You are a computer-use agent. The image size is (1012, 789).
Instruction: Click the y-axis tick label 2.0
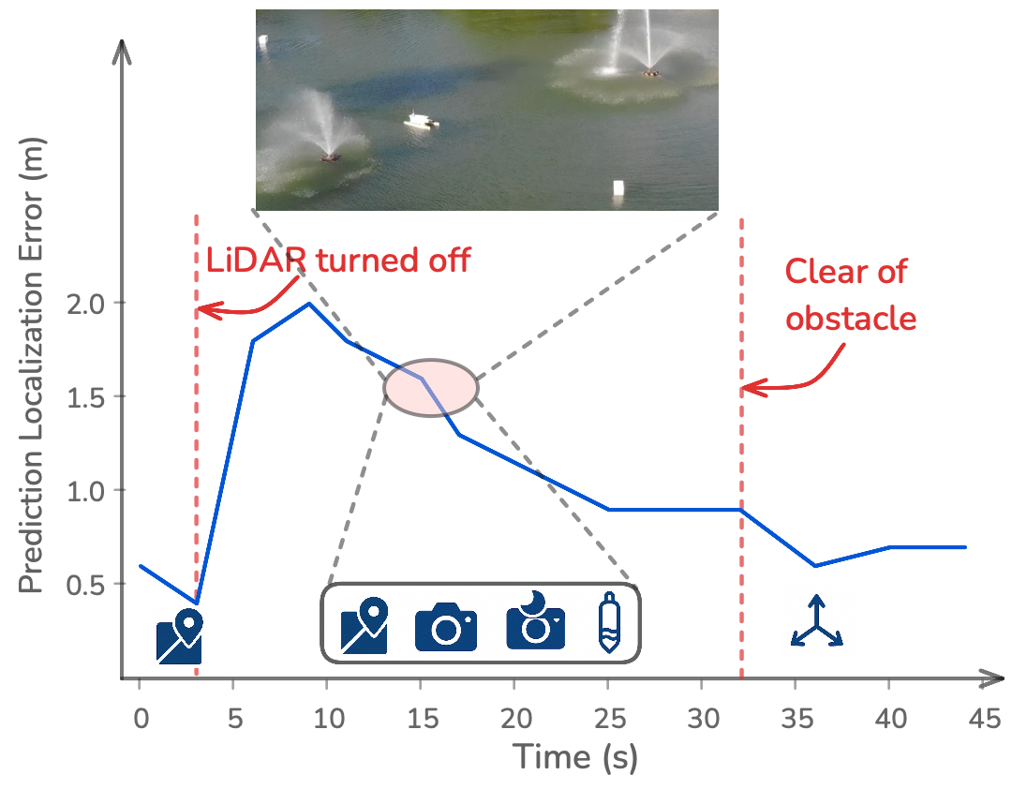[x=86, y=304]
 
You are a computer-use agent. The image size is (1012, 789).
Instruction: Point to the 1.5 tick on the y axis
[x=117, y=395]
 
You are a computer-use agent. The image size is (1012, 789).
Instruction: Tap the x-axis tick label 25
[x=609, y=718]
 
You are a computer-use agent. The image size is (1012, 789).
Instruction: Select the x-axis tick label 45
[x=984, y=718]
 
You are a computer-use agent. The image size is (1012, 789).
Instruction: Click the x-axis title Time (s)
[x=575, y=757]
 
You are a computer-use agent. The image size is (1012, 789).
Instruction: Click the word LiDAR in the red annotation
[x=256, y=260]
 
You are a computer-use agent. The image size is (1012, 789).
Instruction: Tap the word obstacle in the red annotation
[x=851, y=319]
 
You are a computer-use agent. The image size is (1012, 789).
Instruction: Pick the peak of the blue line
[x=309, y=303]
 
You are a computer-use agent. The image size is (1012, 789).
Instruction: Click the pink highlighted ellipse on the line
[x=431, y=387]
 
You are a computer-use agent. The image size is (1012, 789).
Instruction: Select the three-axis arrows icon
[x=816, y=621]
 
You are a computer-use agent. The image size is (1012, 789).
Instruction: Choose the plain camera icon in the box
[x=445, y=626]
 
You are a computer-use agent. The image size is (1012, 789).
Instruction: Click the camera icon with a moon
[x=535, y=619]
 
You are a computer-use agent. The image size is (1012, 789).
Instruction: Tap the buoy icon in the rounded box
[x=609, y=622]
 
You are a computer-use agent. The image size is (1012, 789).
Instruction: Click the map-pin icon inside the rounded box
[x=365, y=625]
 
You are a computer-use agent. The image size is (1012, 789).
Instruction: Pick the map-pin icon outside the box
[x=179, y=636]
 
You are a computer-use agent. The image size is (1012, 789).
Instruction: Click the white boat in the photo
[x=421, y=121]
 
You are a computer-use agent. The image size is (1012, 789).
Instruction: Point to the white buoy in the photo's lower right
[x=618, y=188]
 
